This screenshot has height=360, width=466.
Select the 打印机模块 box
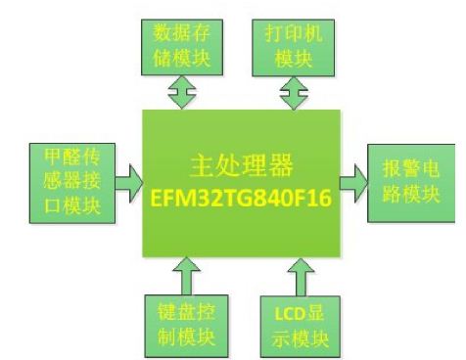coord(288,44)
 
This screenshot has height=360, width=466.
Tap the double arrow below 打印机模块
coord(291,93)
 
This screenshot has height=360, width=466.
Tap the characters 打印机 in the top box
coord(288,32)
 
